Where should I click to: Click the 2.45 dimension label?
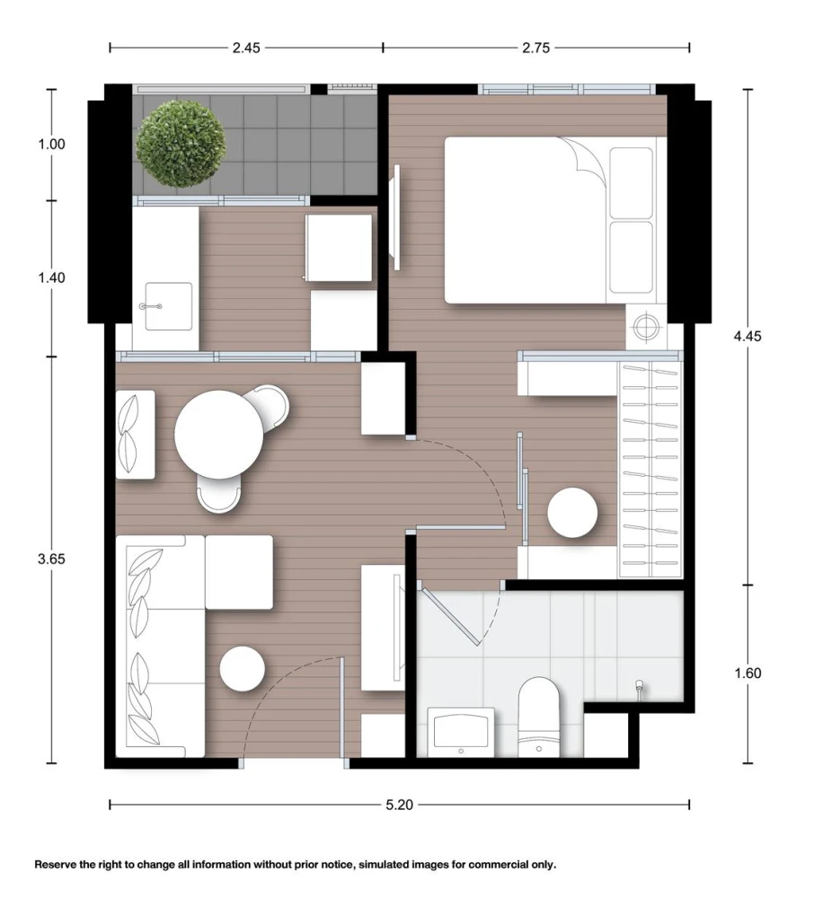[x=246, y=48]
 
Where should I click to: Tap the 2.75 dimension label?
[x=535, y=48]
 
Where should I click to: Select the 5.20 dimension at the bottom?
[x=399, y=805]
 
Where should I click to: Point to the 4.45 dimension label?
[x=748, y=336]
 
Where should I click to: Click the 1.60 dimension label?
[x=748, y=673]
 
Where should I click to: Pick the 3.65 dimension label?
[x=51, y=559]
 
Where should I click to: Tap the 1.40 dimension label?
[x=51, y=277]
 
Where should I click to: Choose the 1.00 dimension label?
[x=51, y=144]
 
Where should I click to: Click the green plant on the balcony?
[x=181, y=144]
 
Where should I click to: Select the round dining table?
[x=218, y=434]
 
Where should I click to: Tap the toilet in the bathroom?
[x=538, y=717]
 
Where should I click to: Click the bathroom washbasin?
[x=461, y=732]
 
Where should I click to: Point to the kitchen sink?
[x=168, y=306]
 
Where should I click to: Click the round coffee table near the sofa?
[x=243, y=669]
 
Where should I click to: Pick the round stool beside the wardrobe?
[x=572, y=513]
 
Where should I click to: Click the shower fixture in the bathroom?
[x=640, y=689]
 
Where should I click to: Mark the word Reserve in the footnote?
[x=56, y=864]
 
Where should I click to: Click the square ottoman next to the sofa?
[x=239, y=572]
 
